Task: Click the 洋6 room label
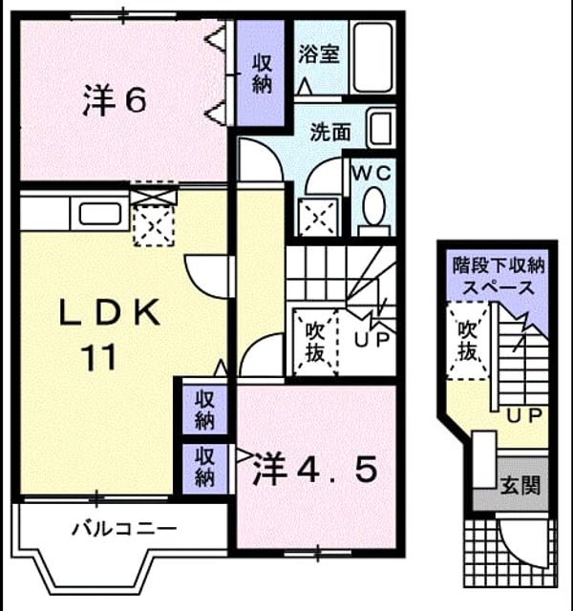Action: (115, 100)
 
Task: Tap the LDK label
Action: (110, 312)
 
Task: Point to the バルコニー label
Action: (124, 529)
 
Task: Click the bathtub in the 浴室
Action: (372, 57)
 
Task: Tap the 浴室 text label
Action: (319, 53)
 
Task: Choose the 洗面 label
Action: (330, 133)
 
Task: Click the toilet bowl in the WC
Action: (373, 207)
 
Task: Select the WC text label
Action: (371, 173)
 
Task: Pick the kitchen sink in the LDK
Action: (99, 214)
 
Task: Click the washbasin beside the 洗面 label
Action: (380, 130)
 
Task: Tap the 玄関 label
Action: (520, 486)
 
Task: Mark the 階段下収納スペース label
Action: (499, 277)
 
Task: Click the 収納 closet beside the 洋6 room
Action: (261, 74)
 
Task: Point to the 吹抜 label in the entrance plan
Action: (467, 341)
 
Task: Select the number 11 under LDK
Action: (99, 357)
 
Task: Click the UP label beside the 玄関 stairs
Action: (524, 416)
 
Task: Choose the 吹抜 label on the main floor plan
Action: (314, 343)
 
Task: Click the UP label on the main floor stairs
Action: (371, 340)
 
